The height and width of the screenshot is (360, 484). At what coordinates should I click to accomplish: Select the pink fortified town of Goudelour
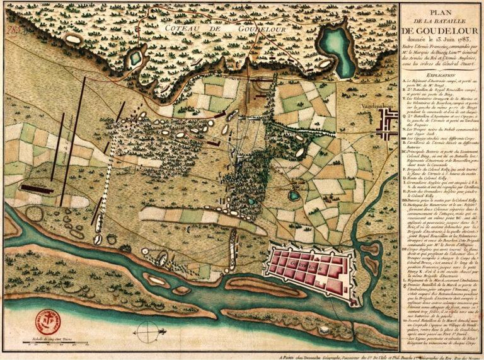click(307, 271)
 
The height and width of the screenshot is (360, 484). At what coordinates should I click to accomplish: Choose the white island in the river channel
click(156, 277)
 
